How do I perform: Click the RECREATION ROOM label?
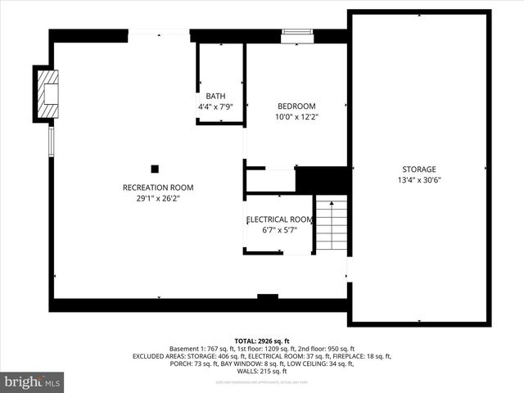point(158,187)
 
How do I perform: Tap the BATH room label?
point(215,97)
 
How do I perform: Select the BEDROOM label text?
point(296,106)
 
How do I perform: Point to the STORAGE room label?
point(418,169)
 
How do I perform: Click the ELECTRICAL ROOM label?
point(279,219)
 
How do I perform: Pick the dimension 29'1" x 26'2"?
point(158,198)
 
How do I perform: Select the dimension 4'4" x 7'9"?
point(215,107)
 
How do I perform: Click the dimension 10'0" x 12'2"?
point(296,117)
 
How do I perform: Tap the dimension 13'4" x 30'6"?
point(418,180)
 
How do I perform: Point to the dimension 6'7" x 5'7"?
point(278,230)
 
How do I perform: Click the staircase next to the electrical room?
point(331,224)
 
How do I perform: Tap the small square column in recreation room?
point(155,169)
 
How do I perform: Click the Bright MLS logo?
point(32,381)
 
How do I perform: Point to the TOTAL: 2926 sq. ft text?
point(261,341)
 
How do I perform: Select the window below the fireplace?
point(51,141)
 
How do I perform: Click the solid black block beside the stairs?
point(321,179)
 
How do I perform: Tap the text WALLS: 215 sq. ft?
point(261,372)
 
